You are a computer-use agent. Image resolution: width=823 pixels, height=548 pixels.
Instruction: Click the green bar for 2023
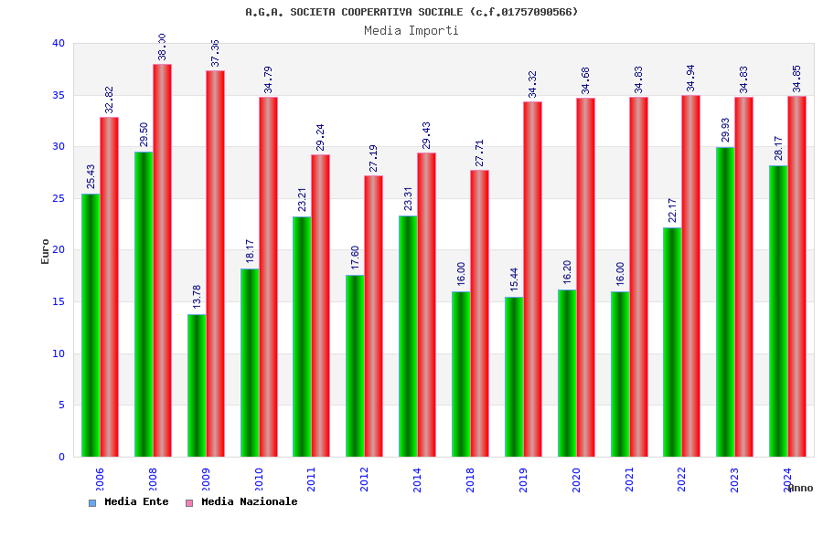pos(725,301)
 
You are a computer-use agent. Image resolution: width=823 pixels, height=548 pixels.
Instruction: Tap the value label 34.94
pos(691,79)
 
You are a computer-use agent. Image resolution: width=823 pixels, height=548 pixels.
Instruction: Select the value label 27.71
pos(479,153)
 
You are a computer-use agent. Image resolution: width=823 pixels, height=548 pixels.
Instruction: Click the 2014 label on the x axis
pos(418,479)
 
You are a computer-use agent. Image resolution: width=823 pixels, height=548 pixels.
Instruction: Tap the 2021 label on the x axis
pos(629,479)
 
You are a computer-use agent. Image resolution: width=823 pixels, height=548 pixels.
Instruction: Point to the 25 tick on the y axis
pos(59,198)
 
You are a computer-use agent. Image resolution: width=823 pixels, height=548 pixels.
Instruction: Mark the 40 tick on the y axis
pos(59,43)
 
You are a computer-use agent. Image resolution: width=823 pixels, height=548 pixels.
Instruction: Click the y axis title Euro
pos(46,251)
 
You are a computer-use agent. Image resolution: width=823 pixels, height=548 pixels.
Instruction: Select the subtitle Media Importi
pos(411,30)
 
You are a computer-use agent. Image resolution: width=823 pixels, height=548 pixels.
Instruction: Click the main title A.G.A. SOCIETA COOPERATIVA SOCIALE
pos(411,12)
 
